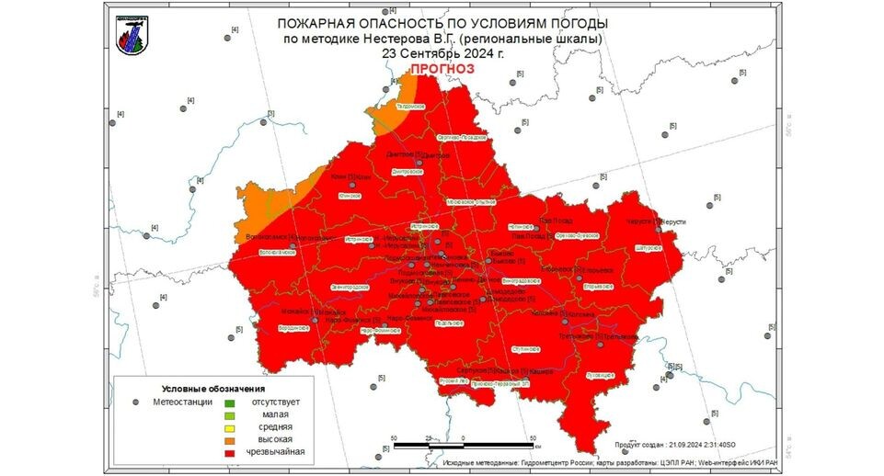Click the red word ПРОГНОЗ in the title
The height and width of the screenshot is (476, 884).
click(x=442, y=69)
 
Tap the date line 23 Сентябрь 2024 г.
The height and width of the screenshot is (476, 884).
click(x=442, y=53)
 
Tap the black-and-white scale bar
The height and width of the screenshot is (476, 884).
click(x=464, y=445)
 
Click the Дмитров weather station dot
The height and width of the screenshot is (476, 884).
click(x=419, y=162)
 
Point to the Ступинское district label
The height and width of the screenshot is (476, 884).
click(x=525, y=349)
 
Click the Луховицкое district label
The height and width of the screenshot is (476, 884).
click(x=599, y=375)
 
